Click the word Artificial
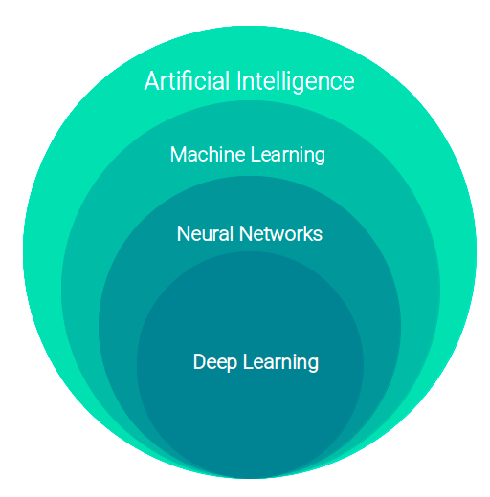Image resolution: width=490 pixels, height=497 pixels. tap(187, 80)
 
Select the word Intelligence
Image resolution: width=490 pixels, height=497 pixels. tap(296, 82)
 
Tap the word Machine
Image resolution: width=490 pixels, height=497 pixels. tap(208, 155)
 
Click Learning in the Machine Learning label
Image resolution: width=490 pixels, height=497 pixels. tap(288, 156)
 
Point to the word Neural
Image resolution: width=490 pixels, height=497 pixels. tap(205, 233)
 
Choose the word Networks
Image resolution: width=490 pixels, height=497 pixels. tap(280, 233)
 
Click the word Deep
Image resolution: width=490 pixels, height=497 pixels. tap(215, 362)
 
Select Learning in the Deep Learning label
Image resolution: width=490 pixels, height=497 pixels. tap(280, 363)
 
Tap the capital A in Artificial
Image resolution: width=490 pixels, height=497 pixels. tap(151, 81)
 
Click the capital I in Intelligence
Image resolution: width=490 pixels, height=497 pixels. tap(239, 81)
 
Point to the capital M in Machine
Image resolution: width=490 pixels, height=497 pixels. tap(178, 155)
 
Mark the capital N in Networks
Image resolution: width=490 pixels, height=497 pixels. tap(245, 233)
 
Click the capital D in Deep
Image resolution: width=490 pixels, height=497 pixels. tap(199, 361)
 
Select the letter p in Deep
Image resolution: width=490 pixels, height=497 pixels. tap(232, 365)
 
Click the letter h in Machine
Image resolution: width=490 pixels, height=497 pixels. tap(216, 154)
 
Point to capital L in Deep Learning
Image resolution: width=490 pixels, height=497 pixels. tap(248, 361)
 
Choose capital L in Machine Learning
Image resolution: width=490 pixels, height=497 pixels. tap(256, 155)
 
